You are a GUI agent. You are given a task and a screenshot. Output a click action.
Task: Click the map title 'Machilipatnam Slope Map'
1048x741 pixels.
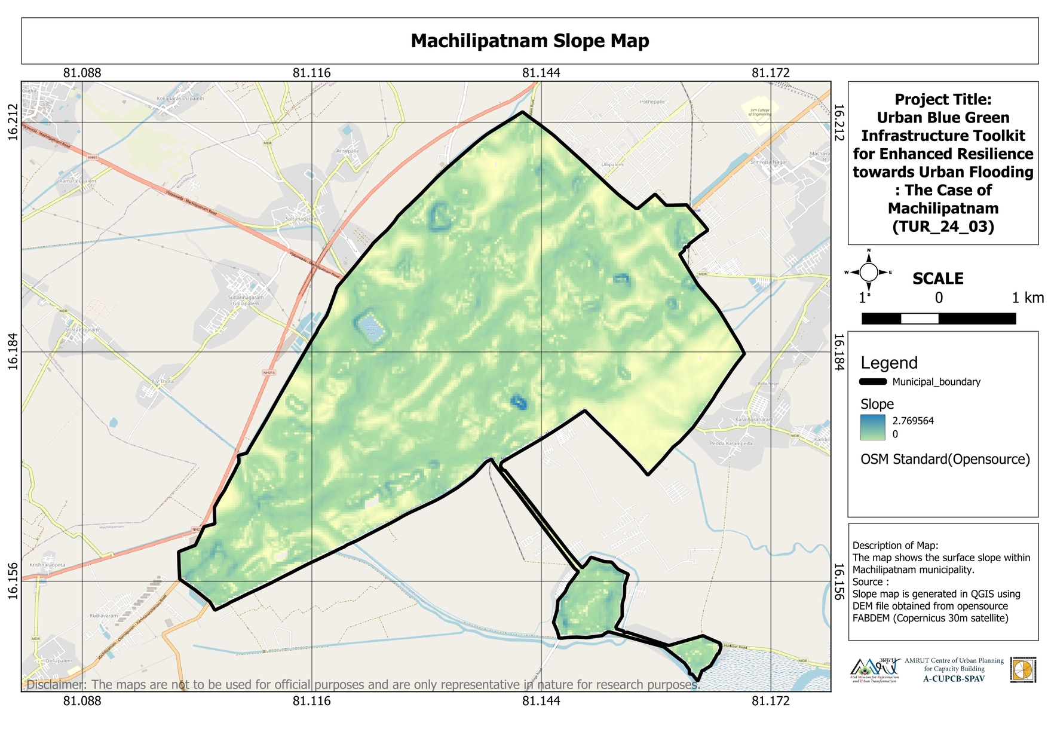pyautogui.click(x=529, y=41)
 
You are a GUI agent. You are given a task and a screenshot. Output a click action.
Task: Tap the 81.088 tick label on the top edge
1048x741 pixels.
pyautogui.click(x=82, y=73)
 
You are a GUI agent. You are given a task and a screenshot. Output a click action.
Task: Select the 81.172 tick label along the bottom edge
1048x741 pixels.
pyautogui.click(x=770, y=700)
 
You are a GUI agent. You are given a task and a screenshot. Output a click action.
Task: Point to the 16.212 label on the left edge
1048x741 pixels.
pyautogui.click(x=13, y=123)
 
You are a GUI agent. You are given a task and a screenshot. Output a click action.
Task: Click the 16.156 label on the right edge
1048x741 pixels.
pyautogui.click(x=838, y=581)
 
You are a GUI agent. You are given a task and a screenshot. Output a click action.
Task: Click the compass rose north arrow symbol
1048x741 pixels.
pyautogui.click(x=869, y=272)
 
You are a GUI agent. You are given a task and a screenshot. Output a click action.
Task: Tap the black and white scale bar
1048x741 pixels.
pyautogui.click(x=938, y=319)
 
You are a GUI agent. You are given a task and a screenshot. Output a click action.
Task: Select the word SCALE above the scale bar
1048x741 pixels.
pyautogui.click(x=937, y=278)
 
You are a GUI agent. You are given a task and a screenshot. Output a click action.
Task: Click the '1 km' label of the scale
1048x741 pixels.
pyautogui.click(x=1028, y=298)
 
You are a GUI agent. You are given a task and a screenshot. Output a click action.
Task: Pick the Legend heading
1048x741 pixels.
pyautogui.click(x=888, y=363)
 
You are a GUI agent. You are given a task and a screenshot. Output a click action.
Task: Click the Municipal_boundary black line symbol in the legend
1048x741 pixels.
pyautogui.click(x=872, y=382)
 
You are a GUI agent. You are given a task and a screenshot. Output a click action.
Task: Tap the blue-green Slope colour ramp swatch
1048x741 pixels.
pyautogui.click(x=872, y=427)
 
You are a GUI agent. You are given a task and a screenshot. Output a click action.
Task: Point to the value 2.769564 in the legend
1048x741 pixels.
pyautogui.click(x=912, y=421)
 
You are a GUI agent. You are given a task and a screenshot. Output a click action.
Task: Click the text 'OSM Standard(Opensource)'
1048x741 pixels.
pyautogui.click(x=945, y=459)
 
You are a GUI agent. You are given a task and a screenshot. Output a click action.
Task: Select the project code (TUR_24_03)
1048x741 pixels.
pyautogui.click(x=943, y=226)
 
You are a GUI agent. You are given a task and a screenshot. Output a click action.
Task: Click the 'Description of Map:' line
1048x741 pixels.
pyautogui.click(x=895, y=545)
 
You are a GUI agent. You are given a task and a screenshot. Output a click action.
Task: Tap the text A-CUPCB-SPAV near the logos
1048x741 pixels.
pyautogui.click(x=954, y=678)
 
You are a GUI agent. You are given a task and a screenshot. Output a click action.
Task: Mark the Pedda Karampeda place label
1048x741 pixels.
pyautogui.click(x=731, y=443)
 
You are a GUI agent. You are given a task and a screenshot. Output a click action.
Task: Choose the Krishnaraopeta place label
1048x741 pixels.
pyautogui.click(x=47, y=565)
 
